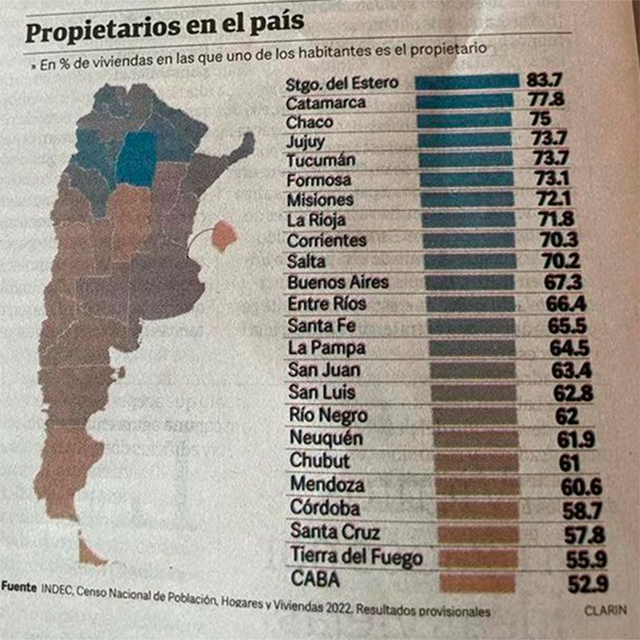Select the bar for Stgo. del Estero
coord(468,82)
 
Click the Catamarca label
coord(326,102)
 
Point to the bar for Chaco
coord(465,121)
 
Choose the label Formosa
coord(318,179)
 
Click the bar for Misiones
coord(467,198)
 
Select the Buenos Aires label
coord(338,282)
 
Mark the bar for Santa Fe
coord(471,326)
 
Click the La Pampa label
coord(326,348)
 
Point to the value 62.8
coord(570,393)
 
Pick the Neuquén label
coord(326,438)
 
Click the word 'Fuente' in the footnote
coord(18,586)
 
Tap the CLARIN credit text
coord(605,610)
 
